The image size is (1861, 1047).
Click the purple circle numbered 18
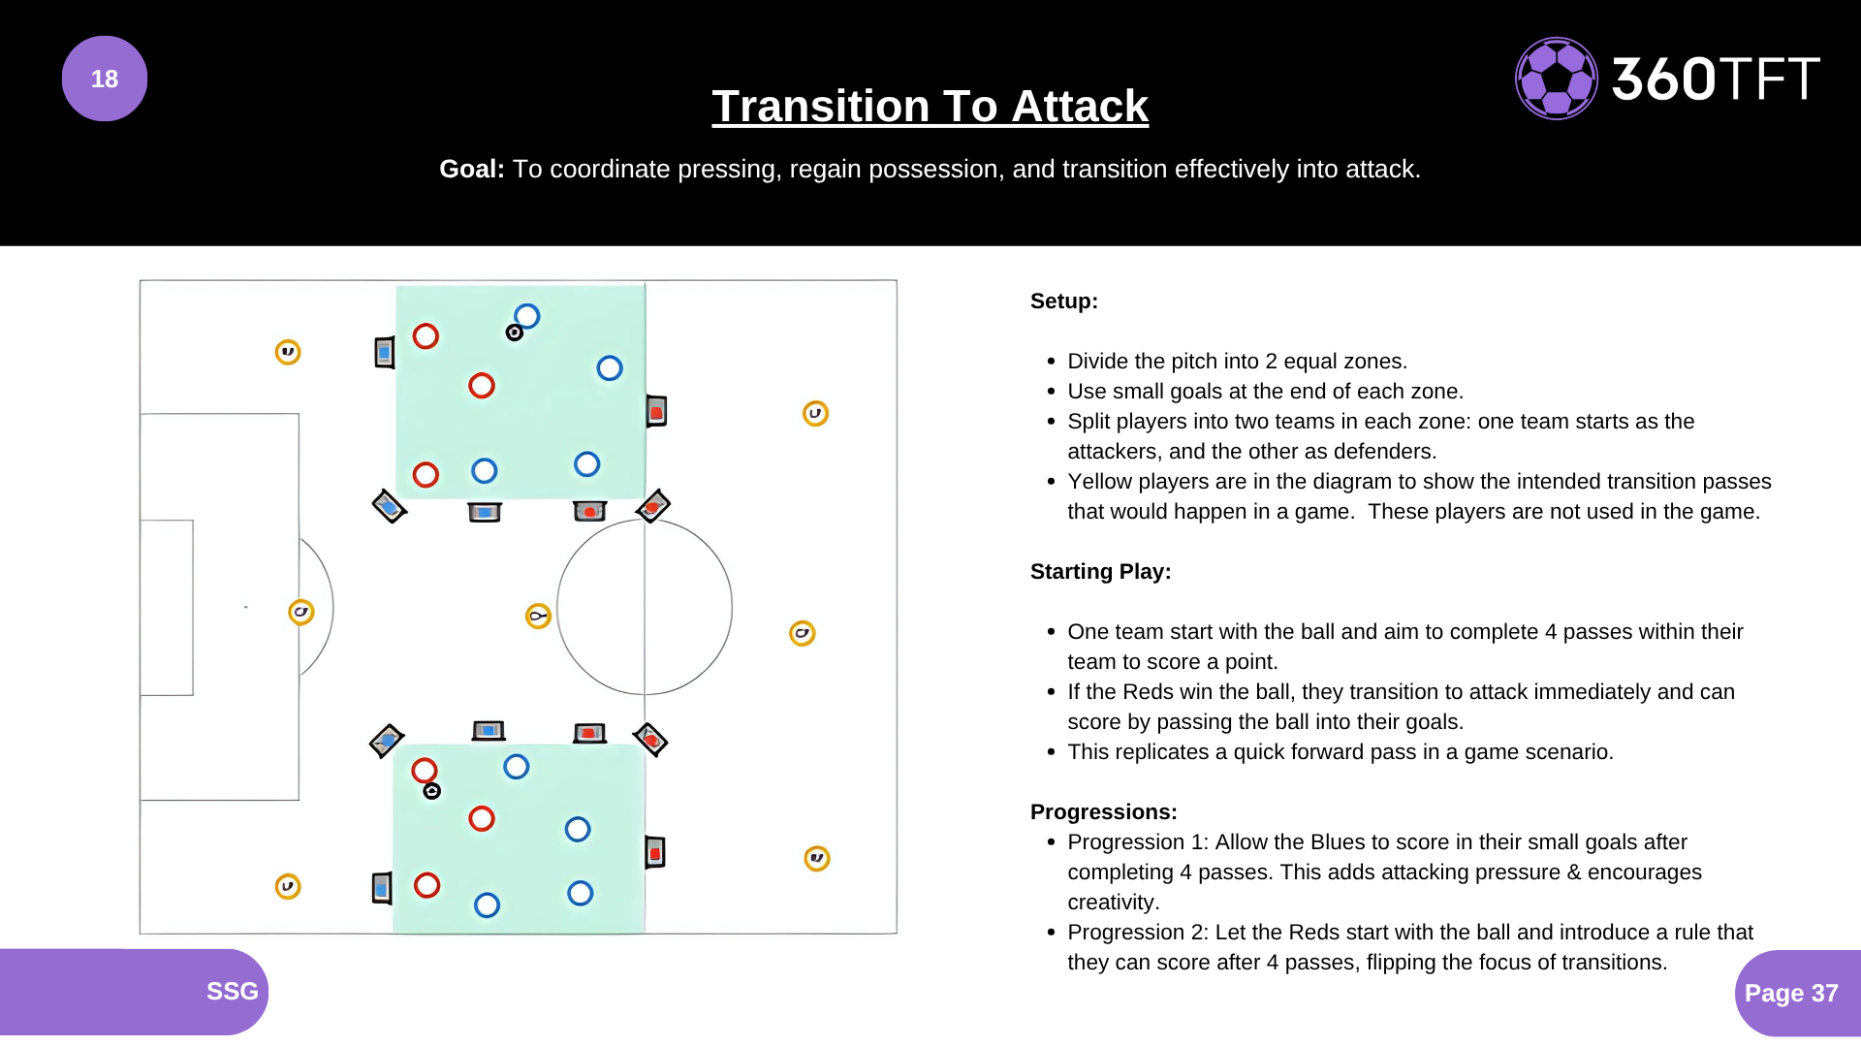pos(105,79)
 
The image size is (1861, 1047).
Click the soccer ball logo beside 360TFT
pos(1556,79)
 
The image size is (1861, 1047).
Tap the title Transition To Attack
pos(930,106)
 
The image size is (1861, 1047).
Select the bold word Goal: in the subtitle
pos(472,169)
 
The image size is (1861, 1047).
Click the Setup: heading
pos(1064,301)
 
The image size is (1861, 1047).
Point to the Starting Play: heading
pos(1101,571)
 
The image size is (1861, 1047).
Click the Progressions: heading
pos(1104,811)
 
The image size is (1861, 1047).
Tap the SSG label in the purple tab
pos(233,991)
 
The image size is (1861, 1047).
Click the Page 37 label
pos(1791,993)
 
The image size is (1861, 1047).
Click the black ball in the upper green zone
pos(515,333)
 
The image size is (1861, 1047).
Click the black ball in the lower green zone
pos(432,791)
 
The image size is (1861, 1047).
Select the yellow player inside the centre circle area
pos(538,616)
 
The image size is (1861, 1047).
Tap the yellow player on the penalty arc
pos(301,612)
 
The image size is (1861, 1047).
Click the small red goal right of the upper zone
pos(656,412)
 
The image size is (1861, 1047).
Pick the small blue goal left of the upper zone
pos(385,352)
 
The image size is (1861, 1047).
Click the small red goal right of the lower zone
pos(655,852)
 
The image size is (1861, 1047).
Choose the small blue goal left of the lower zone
pos(382,887)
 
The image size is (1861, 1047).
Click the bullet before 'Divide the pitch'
pos(1051,362)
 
